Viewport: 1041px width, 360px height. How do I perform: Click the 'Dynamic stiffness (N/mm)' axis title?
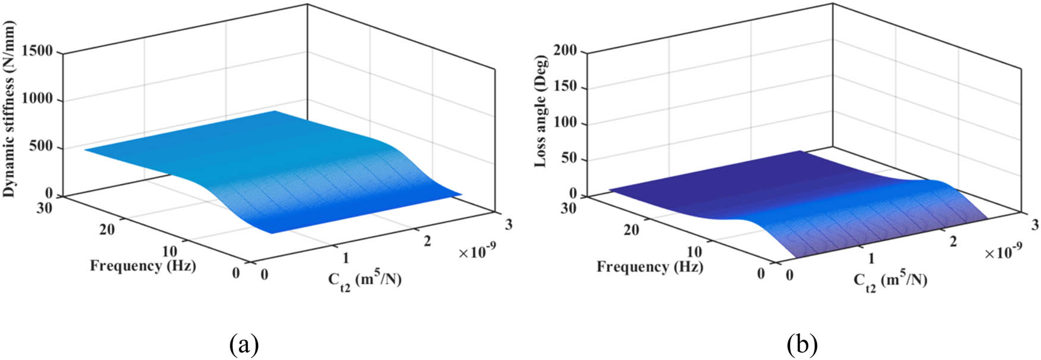pos(10,109)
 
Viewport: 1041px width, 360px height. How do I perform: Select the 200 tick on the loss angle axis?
pos(565,51)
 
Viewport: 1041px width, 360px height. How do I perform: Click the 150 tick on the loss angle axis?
pos(565,87)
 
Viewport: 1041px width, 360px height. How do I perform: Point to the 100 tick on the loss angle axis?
pos(565,124)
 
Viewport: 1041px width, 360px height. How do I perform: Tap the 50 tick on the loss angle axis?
pos(569,159)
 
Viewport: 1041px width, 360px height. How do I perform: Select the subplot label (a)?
pos(244,344)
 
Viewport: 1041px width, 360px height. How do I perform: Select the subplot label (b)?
pos(802,344)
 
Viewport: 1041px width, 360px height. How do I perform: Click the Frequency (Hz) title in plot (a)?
pos(143,265)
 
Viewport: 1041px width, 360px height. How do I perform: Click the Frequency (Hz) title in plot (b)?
pos(650,267)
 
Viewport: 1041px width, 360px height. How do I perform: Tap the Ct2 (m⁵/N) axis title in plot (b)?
pos(890,280)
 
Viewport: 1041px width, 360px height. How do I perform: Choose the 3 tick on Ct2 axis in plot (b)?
pos(1035,224)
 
